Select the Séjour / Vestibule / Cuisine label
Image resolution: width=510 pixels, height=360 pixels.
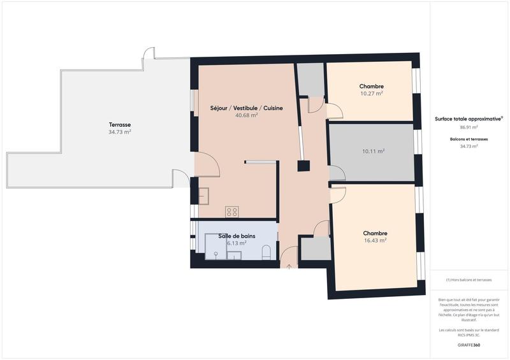[x=246, y=108]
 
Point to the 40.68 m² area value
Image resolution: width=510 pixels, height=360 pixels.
[x=246, y=115]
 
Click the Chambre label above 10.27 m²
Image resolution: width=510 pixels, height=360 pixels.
[x=371, y=86]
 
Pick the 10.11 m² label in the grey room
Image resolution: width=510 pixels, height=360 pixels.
[x=373, y=151]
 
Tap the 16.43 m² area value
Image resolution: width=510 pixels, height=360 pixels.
[x=375, y=240]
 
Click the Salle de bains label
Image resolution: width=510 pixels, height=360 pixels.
[x=237, y=236]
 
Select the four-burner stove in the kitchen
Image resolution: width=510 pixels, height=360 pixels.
[x=232, y=212]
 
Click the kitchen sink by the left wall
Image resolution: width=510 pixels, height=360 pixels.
[x=203, y=195]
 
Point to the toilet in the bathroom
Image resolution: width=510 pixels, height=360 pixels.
[x=267, y=252]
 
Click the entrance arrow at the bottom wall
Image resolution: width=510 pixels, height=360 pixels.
[x=289, y=266]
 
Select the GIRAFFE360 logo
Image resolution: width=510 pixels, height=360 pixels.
[x=469, y=345]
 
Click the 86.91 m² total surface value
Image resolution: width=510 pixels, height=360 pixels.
[x=469, y=127]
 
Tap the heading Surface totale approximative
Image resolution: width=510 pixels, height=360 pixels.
[x=469, y=119]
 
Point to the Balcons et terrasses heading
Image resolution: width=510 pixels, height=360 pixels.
[x=469, y=138]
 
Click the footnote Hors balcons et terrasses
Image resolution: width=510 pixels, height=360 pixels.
[x=469, y=280]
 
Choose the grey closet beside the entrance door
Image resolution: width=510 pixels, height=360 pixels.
[x=314, y=248]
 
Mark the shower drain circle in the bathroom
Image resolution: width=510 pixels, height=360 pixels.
[x=216, y=254]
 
